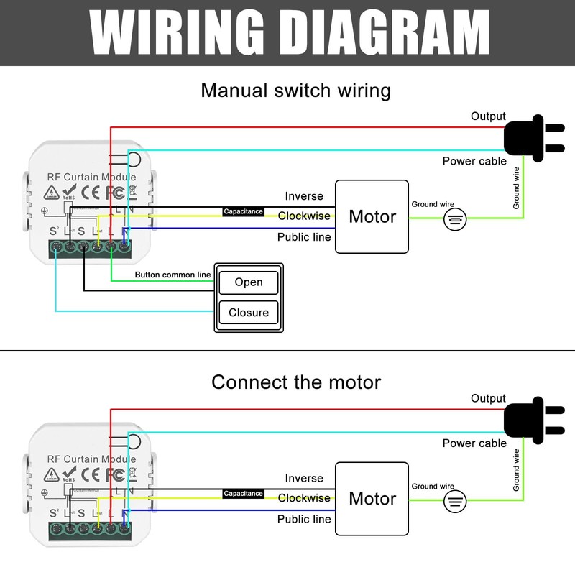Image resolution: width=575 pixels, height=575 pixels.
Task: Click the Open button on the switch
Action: coord(249,282)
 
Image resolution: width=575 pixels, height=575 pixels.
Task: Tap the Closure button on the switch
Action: coord(249,313)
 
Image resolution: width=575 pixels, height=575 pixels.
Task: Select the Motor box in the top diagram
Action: coord(372,216)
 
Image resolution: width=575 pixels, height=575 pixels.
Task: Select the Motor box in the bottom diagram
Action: coord(372,498)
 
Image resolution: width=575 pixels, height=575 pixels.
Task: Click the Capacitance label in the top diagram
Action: coord(243,212)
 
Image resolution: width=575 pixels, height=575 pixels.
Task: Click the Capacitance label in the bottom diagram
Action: coord(243,494)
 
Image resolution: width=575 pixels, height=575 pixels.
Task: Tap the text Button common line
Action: coord(172,275)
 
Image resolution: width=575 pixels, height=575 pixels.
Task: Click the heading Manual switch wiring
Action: coord(295,91)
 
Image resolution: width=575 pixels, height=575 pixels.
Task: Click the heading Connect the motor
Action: coord(295,382)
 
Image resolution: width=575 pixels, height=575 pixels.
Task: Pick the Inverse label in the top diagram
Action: coord(304,196)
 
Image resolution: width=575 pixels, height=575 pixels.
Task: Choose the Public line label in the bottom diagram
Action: coord(304,519)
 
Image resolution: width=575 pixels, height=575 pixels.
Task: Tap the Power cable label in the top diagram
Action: coord(474,161)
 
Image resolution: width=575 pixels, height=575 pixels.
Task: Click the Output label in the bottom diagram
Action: coord(488,398)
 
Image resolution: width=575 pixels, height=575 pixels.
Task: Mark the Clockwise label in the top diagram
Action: coord(304,216)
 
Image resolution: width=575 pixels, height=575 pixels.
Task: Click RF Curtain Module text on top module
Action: coord(91,177)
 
